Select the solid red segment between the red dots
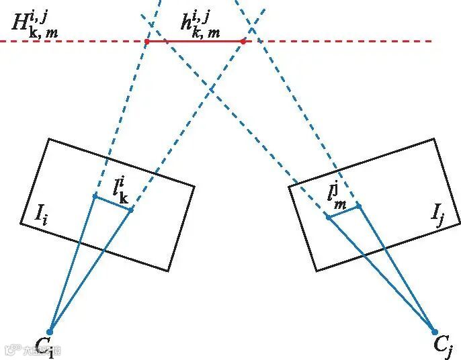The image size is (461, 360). (x=195, y=42)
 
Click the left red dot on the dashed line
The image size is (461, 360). (x=146, y=42)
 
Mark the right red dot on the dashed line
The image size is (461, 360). (x=243, y=42)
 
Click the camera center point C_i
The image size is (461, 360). (x=49, y=332)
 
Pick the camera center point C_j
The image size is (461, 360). (x=434, y=332)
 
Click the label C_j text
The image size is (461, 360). (x=443, y=347)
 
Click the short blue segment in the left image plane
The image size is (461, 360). (x=112, y=204)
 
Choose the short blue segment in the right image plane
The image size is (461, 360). (x=343, y=212)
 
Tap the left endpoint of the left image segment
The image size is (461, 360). (x=95, y=196)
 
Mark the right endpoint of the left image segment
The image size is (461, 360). (x=130, y=210)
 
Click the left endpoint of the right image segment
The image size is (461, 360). (x=328, y=218)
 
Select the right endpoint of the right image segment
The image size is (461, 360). (x=359, y=206)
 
